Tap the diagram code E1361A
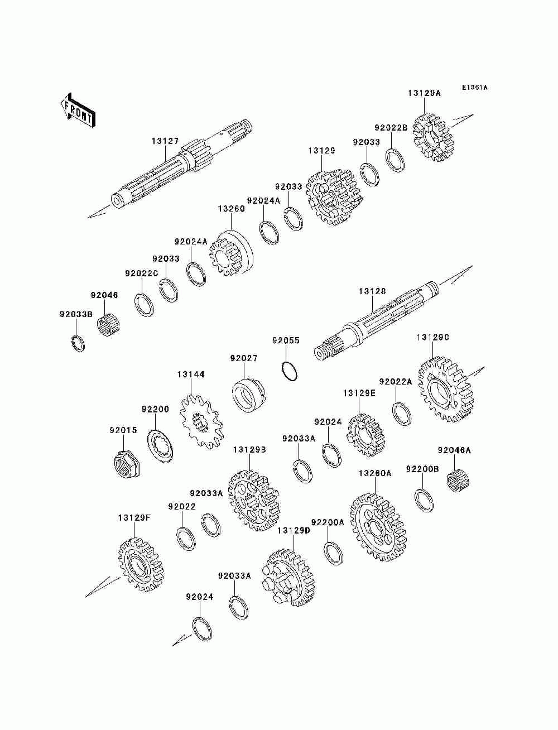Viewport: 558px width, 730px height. [x=474, y=88]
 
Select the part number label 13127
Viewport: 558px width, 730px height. [x=165, y=141]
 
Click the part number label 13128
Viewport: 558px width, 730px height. [x=373, y=291]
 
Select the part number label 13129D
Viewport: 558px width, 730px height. [x=293, y=530]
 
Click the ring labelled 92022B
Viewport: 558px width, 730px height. [x=396, y=161]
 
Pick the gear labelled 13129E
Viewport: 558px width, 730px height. [x=365, y=435]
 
